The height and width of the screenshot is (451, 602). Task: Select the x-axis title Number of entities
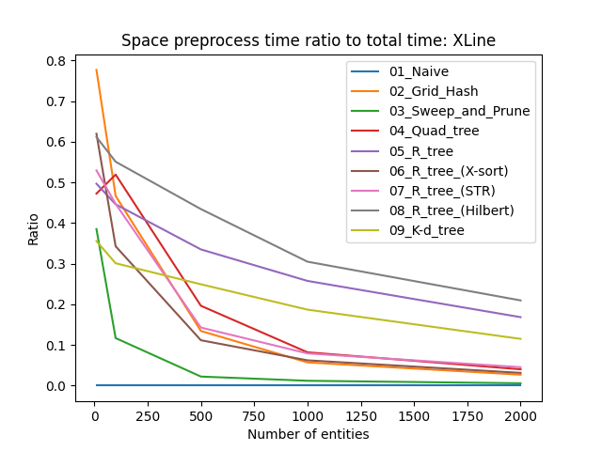pos(308,434)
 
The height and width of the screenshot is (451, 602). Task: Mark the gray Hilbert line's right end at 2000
pos(521,300)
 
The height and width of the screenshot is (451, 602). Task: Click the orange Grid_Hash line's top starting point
pos(96,70)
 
